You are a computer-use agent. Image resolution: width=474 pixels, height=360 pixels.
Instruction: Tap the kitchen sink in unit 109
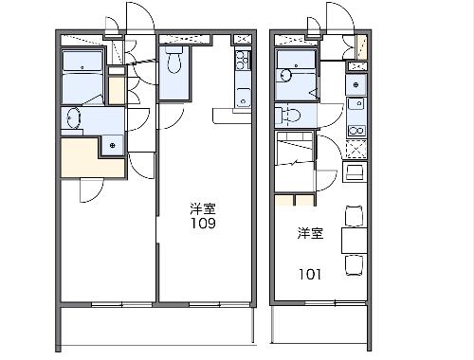tap(241, 97)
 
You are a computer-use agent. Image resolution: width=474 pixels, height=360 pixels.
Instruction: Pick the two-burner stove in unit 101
tap(355, 131)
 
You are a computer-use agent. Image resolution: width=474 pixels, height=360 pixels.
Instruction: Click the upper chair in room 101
tap(354, 214)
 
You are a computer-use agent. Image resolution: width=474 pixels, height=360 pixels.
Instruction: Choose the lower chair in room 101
tap(354, 261)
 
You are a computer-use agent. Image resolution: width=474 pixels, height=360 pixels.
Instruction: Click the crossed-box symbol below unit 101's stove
tap(355, 149)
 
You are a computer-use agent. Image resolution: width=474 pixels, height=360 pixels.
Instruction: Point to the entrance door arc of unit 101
tap(337, 19)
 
